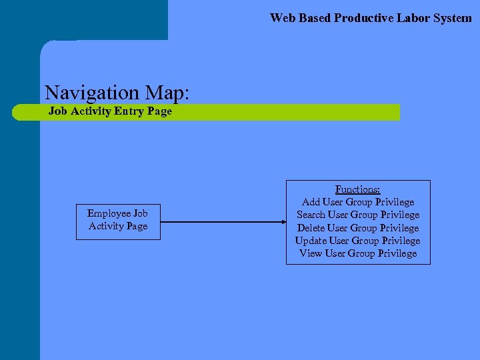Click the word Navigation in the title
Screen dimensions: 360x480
click(x=91, y=92)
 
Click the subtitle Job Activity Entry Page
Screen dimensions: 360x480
click(x=110, y=111)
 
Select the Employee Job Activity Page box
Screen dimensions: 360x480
click(x=118, y=221)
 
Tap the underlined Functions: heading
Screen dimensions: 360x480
click(x=358, y=189)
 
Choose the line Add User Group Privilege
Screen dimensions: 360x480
click(x=358, y=202)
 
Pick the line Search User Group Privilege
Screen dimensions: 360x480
click(x=358, y=215)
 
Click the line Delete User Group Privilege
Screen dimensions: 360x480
click(x=358, y=228)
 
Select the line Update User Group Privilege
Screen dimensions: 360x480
click(x=358, y=241)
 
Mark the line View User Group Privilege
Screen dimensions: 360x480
click(x=358, y=253)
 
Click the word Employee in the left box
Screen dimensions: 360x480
click(x=109, y=213)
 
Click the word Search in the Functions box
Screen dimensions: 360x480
click(x=311, y=215)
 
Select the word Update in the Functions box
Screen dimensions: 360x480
click(x=311, y=241)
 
